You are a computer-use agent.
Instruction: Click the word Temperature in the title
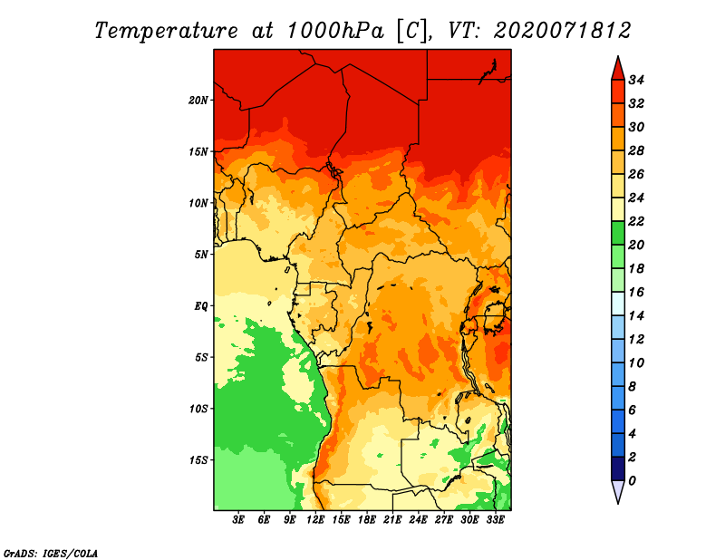coord(167,31)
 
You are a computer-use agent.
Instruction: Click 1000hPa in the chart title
coord(335,31)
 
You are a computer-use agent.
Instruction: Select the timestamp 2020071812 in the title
coord(562,31)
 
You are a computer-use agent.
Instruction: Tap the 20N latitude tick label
coord(198,101)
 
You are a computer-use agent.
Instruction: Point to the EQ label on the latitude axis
coord(201,306)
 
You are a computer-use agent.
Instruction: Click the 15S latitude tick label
coord(198,460)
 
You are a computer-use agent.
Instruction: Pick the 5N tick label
coord(201,255)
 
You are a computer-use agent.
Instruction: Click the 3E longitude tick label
coord(238,520)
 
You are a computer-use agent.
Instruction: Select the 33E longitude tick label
coord(495,520)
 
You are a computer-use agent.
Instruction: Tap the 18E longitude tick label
coord(367,520)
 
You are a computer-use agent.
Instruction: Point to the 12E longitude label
coord(315,520)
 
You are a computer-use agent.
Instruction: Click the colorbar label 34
coord(636,80)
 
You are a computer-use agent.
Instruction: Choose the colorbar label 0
coord(632,481)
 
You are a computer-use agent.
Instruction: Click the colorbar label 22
coord(636,221)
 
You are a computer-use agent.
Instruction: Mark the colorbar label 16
coord(636,293)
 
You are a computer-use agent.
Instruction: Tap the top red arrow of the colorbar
coord(618,70)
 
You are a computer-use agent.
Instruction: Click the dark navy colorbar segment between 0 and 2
coord(618,468)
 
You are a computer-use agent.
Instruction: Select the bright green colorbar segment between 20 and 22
coord(618,233)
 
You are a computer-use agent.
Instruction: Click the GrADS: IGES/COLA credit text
coord(51,554)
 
